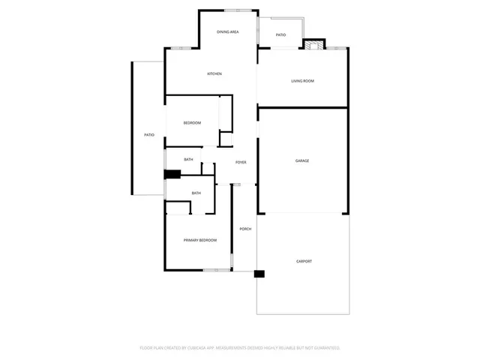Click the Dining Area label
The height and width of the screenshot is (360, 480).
click(x=227, y=32)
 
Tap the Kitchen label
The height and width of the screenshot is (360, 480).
click(x=214, y=73)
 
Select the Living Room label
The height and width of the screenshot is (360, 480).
click(x=302, y=81)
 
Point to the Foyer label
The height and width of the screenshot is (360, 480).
click(x=241, y=162)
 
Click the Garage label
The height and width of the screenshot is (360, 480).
click(x=302, y=160)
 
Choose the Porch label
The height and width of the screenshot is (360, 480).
click(x=245, y=229)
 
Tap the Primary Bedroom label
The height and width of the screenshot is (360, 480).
click(x=200, y=240)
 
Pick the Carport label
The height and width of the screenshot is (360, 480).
click(x=304, y=261)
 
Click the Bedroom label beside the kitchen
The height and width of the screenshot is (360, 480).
click(x=193, y=123)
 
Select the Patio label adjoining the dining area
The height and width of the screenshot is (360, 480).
click(x=280, y=35)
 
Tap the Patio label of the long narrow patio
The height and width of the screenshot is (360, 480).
click(x=149, y=134)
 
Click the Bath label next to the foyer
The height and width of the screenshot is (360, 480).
click(x=188, y=159)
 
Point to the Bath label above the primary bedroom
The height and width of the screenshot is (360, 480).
click(x=196, y=193)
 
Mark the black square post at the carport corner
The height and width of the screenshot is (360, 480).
click(x=259, y=274)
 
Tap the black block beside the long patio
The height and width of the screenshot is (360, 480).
click(x=172, y=175)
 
